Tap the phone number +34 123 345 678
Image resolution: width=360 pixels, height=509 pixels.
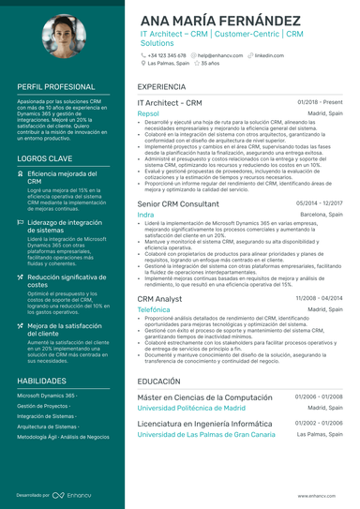(x=167, y=56)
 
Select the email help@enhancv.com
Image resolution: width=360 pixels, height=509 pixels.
(x=218, y=56)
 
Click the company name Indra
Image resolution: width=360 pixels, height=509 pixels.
(x=145, y=214)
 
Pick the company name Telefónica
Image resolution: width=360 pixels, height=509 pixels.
(x=154, y=308)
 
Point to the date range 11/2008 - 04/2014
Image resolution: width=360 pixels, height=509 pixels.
(x=320, y=297)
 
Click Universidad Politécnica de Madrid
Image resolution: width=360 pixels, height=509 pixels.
(x=191, y=409)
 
